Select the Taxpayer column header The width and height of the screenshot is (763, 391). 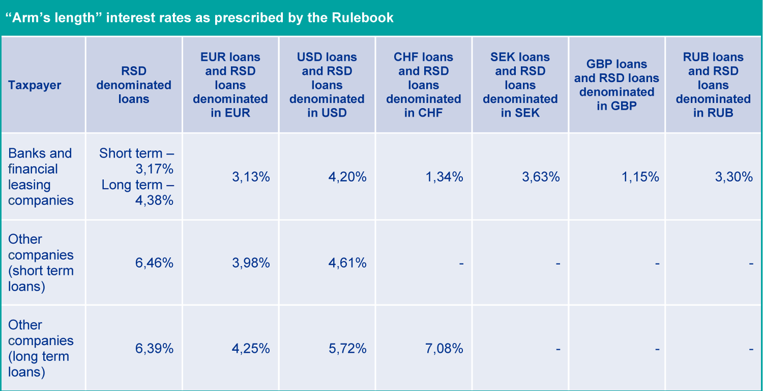[35, 85]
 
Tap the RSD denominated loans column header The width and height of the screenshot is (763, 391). [134, 85]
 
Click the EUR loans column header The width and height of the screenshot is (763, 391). [230, 85]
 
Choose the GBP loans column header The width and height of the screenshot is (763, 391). [617, 85]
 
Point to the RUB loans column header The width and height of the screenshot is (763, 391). [713, 85]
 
